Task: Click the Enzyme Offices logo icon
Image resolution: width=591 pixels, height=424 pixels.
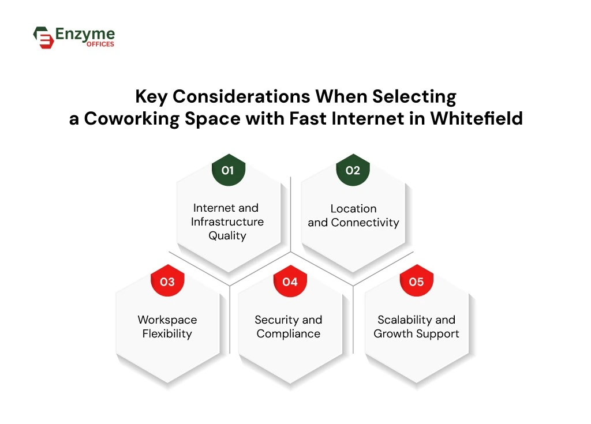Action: (x=43, y=37)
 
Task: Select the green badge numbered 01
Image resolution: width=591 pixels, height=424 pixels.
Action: (x=227, y=170)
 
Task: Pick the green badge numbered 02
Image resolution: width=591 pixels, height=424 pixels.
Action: (x=353, y=170)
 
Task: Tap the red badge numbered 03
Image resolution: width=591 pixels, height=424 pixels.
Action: (x=167, y=282)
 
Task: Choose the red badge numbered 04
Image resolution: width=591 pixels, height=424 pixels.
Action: (x=290, y=282)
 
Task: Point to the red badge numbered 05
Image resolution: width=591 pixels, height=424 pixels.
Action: (x=416, y=282)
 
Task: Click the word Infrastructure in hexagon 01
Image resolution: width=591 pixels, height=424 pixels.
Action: (x=227, y=222)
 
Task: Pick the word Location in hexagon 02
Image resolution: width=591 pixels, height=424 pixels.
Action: (x=353, y=208)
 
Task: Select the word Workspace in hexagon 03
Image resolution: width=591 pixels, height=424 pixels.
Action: (x=167, y=320)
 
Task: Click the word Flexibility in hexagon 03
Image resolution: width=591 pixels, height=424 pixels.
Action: (x=167, y=333)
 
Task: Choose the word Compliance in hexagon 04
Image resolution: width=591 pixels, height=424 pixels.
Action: (x=289, y=333)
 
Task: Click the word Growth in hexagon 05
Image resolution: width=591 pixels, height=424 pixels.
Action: (x=393, y=333)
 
